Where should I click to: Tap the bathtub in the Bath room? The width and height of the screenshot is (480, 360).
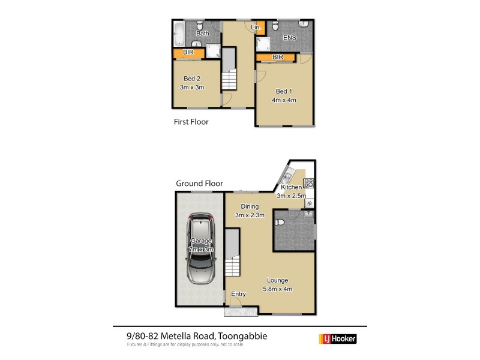coord(179,34)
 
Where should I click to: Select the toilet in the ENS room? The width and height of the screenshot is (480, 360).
coord(274,27)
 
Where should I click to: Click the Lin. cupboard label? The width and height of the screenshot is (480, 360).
coord(256,28)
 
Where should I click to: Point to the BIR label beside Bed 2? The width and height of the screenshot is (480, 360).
coord(188,53)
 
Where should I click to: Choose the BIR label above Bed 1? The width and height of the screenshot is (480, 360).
coord(277,57)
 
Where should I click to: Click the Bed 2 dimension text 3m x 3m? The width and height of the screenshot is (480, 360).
coord(192,88)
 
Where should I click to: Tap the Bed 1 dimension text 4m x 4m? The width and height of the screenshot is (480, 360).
coord(285,100)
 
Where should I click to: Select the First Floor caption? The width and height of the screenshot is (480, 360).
coord(190,121)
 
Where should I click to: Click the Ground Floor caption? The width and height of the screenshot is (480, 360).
coord(199,184)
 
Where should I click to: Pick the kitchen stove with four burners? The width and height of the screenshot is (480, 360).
coord(309,184)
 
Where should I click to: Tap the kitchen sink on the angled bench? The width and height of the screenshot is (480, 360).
coord(287,176)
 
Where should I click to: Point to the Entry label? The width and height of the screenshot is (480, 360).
coord(239,293)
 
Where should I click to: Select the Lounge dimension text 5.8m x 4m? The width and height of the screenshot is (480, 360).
coord(278,289)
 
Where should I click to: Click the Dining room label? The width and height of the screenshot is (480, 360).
coord(246,206)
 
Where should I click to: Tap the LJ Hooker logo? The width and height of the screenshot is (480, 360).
coord(337,339)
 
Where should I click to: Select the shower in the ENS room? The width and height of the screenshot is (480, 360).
coord(262,44)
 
